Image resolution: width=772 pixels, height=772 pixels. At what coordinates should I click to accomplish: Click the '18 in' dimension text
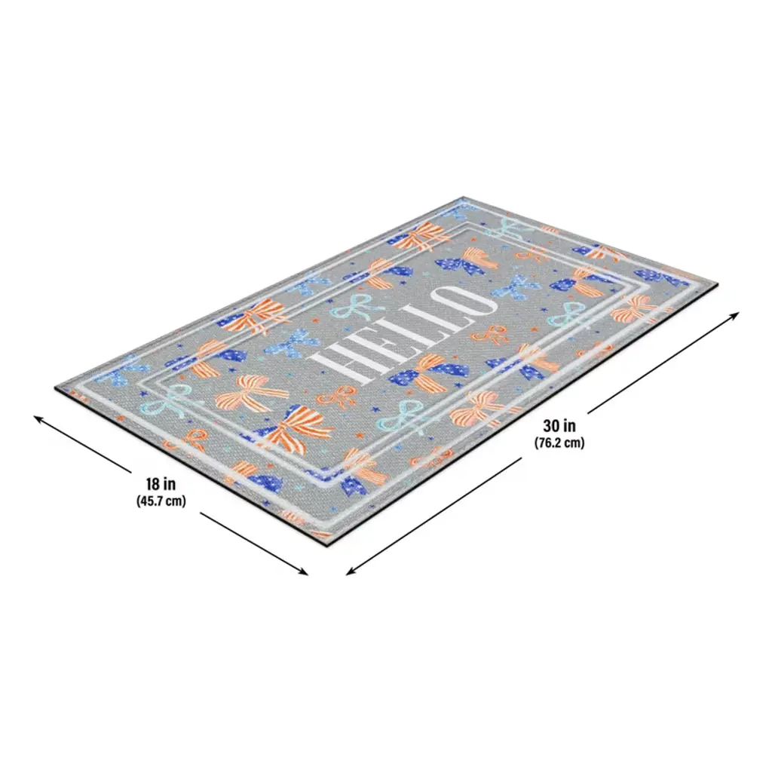pos(160,483)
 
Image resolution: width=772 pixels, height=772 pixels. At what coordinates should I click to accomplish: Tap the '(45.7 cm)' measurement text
pos(161,501)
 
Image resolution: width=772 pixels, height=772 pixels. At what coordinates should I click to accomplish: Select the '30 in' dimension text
pos(559,425)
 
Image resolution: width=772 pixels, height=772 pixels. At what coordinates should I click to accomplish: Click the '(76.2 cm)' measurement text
pos(559,443)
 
